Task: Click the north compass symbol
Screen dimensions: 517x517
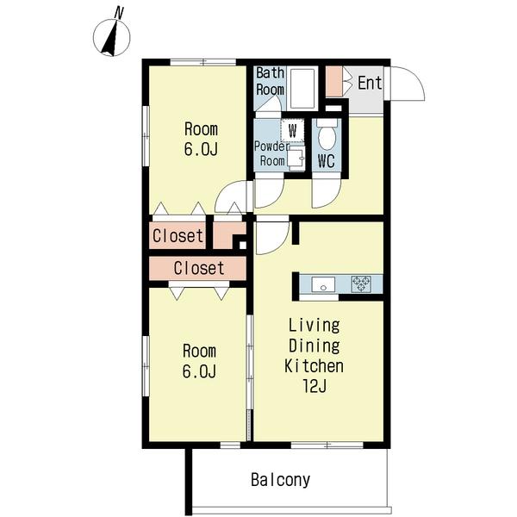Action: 112,37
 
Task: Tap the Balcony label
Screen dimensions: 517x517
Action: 280,480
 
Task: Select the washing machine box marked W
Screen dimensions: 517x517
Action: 292,130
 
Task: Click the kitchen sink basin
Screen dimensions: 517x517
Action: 323,284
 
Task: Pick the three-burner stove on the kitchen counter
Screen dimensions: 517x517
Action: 361,283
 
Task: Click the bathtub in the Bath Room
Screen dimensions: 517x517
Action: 302,89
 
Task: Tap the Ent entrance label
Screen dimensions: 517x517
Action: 370,83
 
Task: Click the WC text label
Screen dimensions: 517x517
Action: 326,161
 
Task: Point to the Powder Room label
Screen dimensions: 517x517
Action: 271,153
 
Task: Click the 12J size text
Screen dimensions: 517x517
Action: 315,386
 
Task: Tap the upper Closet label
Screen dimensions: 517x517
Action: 178,236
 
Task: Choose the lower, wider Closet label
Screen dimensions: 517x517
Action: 199,268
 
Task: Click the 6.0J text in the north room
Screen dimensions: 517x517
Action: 201,150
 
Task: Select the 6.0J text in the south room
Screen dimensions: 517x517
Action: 199,371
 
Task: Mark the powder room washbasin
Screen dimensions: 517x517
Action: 296,159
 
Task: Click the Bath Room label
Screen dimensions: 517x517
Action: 270,81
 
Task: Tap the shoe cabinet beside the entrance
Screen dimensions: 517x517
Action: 334,82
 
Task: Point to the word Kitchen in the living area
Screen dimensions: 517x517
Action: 314,366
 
